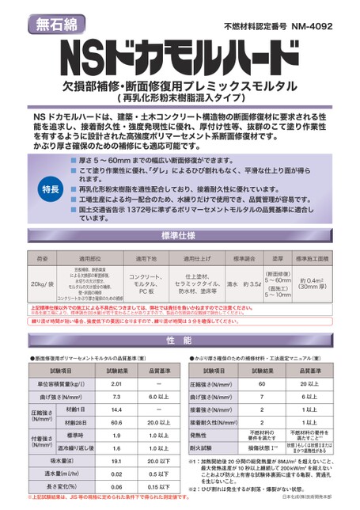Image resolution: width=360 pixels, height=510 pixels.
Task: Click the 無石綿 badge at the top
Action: tap(56, 23)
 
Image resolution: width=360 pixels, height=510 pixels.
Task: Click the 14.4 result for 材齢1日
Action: tap(116, 409)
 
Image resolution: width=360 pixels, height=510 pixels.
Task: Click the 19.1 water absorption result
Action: tap(116, 459)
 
